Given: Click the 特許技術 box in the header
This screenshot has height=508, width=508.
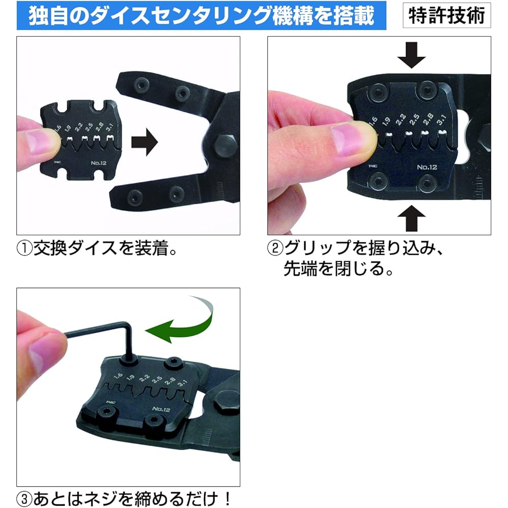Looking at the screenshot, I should (447, 16).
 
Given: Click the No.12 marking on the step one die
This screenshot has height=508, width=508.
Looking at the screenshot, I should (96, 164).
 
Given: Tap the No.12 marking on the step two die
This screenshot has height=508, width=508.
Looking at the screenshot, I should (427, 167).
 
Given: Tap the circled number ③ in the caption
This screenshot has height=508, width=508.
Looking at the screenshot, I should (24, 497).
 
